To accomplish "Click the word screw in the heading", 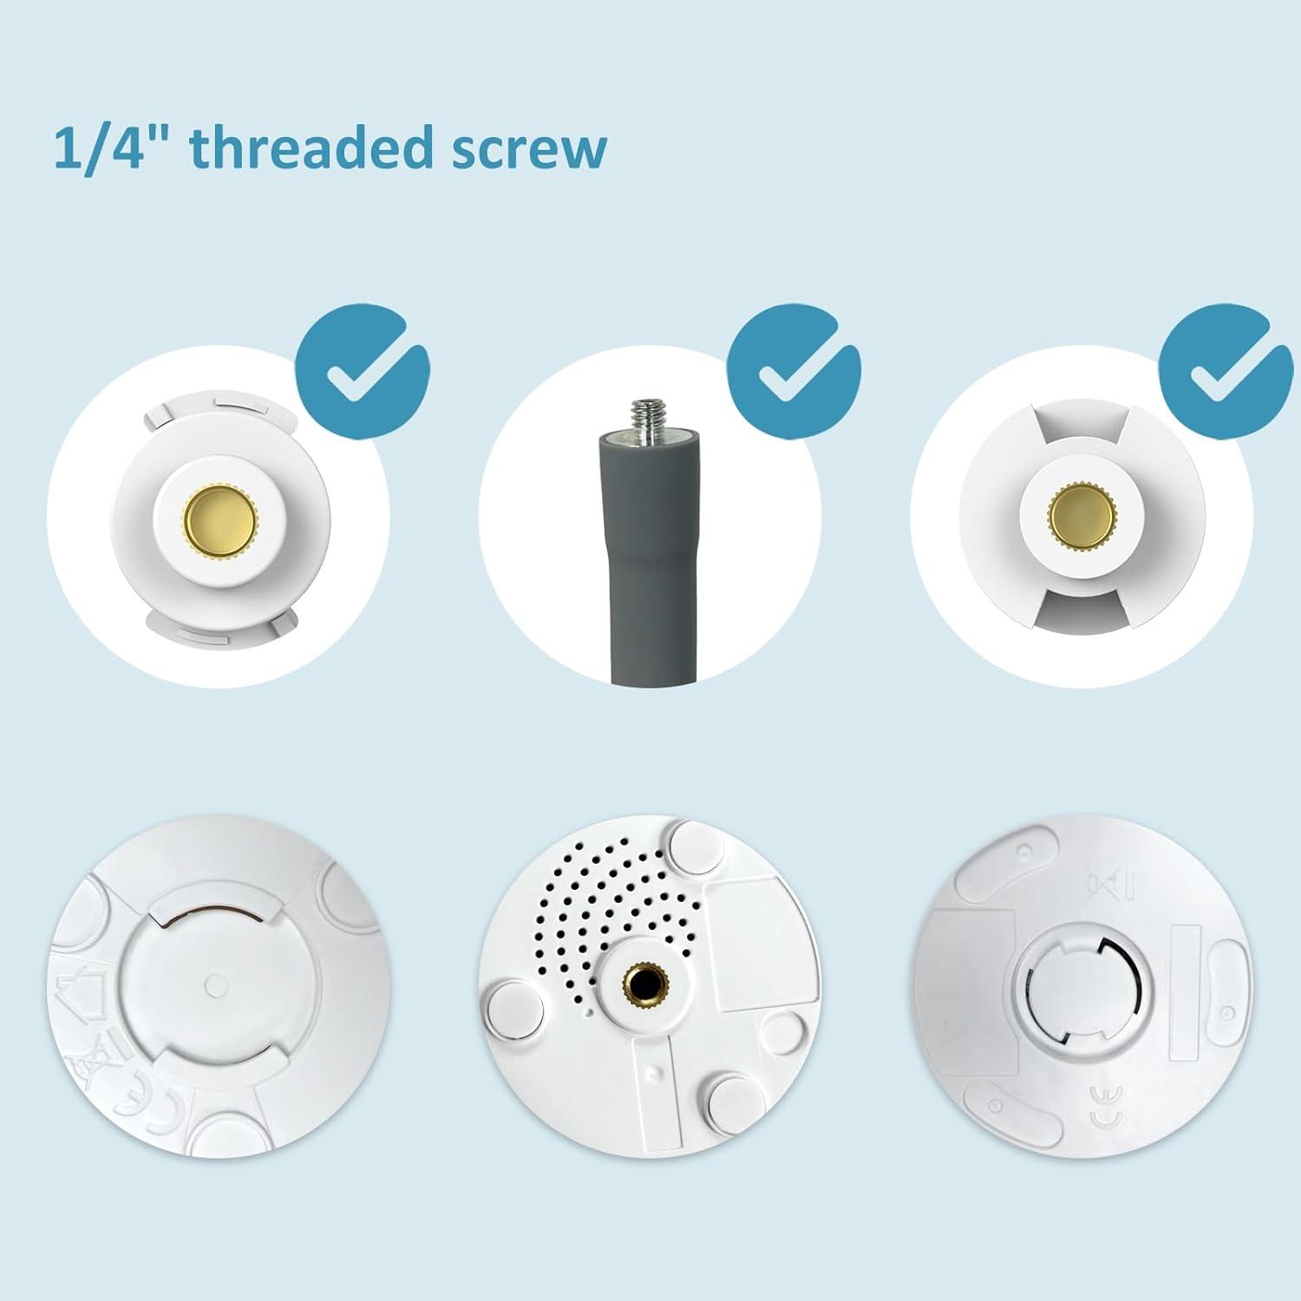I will pyautogui.click(x=529, y=149).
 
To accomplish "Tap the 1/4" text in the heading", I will pyautogui.click(x=113, y=149).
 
